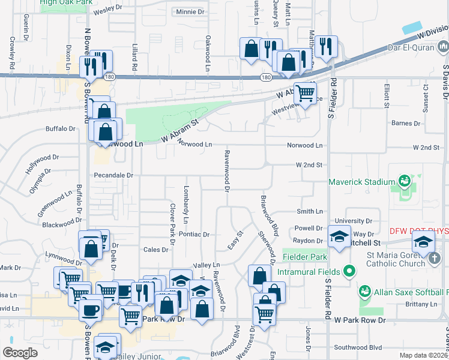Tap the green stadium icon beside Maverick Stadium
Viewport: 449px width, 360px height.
pyautogui.click(x=403, y=181)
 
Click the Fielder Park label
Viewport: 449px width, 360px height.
pyautogui.click(x=306, y=257)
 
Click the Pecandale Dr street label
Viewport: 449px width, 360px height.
pyautogui.click(x=113, y=175)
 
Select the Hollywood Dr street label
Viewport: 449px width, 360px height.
pyautogui.click(x=42, y=163)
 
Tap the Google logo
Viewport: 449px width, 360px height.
pyautogui.click(x=20, y=353)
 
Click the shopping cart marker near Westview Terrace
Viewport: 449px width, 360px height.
pyautogui.click(x=306, y=92)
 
